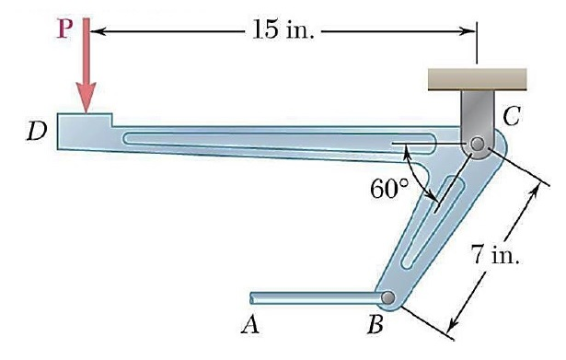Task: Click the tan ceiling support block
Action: pos(477,78)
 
